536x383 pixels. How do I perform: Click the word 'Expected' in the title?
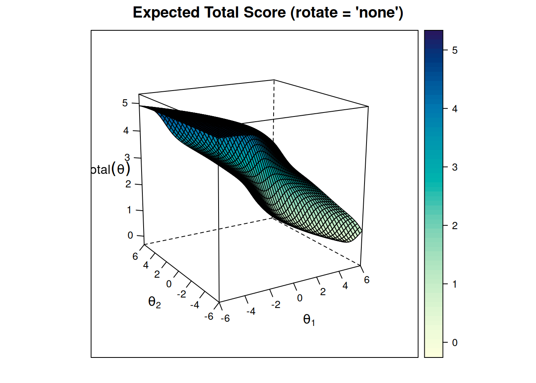click(x=166, y=13)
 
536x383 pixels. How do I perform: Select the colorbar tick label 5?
click(x=455, y=51)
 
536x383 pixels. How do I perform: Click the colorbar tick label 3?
click(x=455, y=168)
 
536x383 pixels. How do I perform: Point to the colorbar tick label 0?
click(x=455, y=343)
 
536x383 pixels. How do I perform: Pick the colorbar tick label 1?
click(x=455, y=284)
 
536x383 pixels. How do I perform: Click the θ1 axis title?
click(x=309, y=320)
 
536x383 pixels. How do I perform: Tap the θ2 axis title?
click(x=154, y=302)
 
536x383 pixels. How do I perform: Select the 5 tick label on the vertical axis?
click(x=125, y=103)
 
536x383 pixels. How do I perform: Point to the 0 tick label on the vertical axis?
click(x=130, y=235)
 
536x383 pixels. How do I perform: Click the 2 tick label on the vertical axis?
click(x=128, y=184)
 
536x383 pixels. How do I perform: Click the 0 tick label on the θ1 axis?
click(x=300, y=298)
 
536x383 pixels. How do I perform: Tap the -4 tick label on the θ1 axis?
click(x=251, y=311)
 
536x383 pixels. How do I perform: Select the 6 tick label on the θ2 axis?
click(x=135, y=257)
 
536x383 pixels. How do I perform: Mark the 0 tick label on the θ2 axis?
click(x=169, y=284)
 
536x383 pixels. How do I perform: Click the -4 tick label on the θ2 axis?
click(x=195, y=305)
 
